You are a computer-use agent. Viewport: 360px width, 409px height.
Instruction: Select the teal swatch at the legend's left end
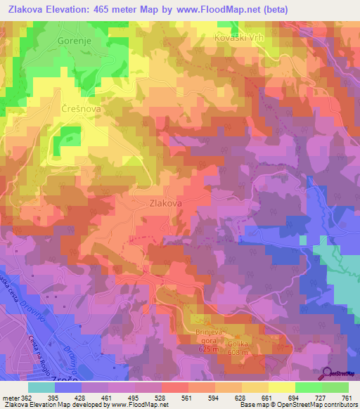coord(41,387)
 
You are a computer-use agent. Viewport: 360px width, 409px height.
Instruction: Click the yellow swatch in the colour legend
coord(282,387)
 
